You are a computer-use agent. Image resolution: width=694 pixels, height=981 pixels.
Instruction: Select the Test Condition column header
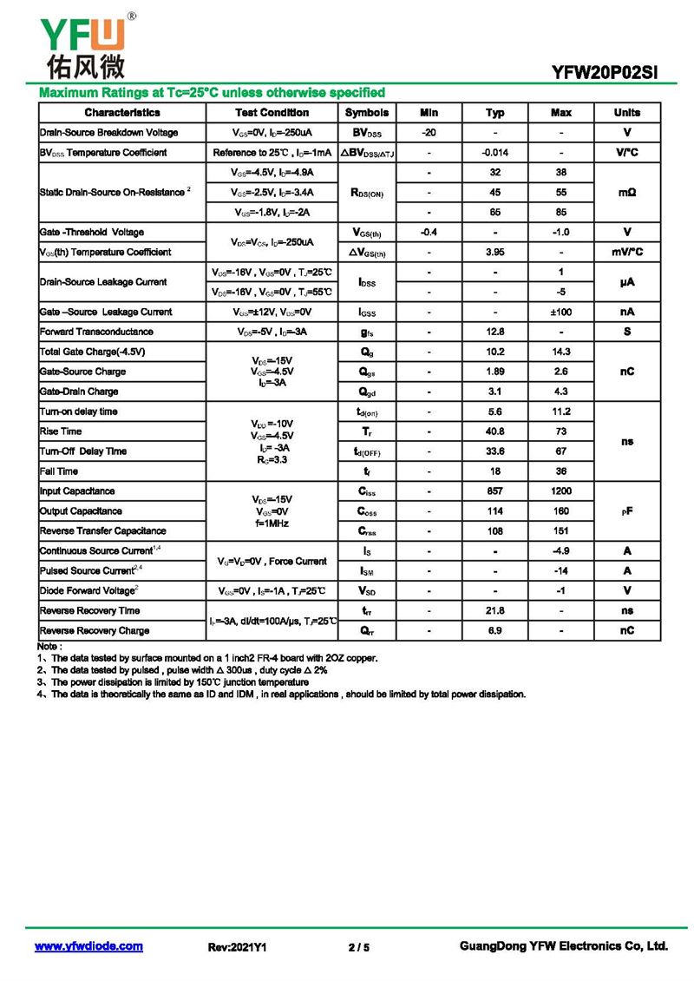point(272,113)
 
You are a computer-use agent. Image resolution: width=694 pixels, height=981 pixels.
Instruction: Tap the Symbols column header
point(367,113)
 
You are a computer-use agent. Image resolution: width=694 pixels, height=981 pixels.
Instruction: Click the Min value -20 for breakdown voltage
point(429,133)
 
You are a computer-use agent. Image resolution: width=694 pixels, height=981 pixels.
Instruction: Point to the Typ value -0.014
point(494,153)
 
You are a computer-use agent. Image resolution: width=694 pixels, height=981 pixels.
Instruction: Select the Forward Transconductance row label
point(96,332)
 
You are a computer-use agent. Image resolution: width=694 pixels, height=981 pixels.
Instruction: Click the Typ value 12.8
point(494,332)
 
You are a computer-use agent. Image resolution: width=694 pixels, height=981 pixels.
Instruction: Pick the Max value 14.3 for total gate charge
point(561,352)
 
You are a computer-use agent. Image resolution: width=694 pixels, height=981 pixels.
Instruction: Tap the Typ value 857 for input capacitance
point(494,491)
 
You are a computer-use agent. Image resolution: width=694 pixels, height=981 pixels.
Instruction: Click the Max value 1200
point(561,491)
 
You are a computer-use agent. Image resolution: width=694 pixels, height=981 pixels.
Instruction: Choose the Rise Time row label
point(61,431)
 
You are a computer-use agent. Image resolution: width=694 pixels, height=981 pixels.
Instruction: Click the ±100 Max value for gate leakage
point(561,312)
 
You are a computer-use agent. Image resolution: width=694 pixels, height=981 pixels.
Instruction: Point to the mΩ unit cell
point(627,192)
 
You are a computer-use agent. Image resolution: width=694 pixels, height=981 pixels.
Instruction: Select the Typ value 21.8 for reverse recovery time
point(494,611)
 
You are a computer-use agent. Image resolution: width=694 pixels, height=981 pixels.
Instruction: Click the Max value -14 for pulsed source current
point(561,571)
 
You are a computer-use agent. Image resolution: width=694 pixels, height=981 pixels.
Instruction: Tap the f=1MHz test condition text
point(272,524)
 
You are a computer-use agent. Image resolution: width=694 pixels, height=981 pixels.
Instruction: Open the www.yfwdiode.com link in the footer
point(88,946)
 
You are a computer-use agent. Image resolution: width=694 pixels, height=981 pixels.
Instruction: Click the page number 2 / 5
point(358,947)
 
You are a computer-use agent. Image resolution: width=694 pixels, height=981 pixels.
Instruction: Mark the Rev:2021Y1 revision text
point(237,947)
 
